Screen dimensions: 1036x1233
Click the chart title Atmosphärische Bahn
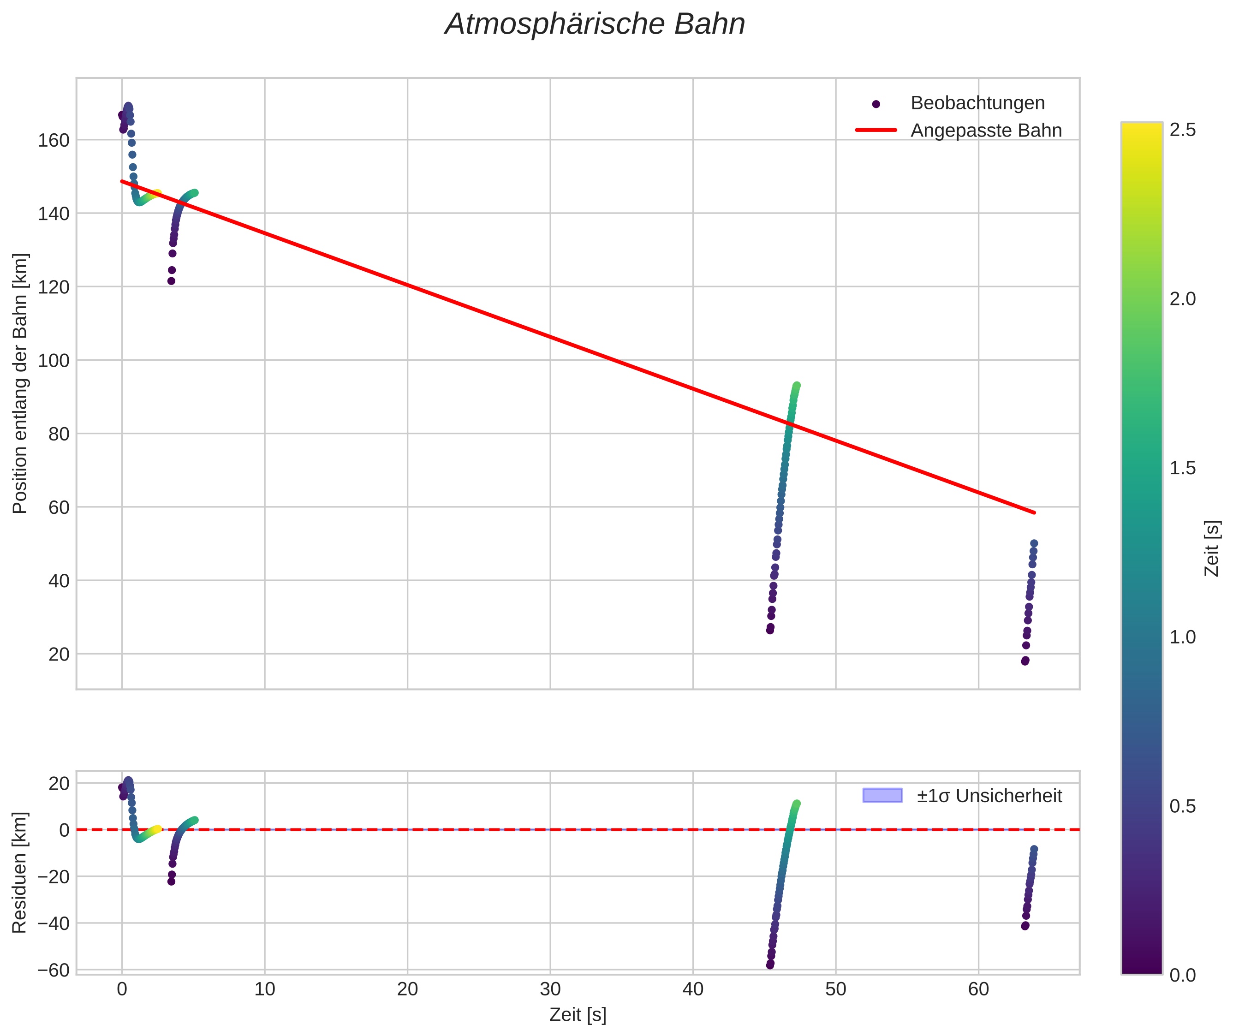(595, 24)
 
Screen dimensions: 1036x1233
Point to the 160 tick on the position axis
(54, 140)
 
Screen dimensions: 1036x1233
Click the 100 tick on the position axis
(54, 361)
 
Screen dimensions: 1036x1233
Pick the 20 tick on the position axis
(59, 654)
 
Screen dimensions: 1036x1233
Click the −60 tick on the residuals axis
(54, 970)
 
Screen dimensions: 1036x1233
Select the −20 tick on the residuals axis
(54, 877)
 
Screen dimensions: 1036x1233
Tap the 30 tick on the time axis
(550, 989)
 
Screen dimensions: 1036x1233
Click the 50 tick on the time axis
(835, 989)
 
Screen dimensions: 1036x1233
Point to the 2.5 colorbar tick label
(1182, 130)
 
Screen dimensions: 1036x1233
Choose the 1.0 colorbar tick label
(1182, 637)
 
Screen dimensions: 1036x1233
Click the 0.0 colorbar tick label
(1182, 976)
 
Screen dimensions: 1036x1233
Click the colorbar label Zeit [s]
(1212, 548)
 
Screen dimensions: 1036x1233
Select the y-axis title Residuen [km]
(19, 873)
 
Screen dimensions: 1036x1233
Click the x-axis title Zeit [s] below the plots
(578, 1015)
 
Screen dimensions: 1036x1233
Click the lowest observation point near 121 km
(171, 281)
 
